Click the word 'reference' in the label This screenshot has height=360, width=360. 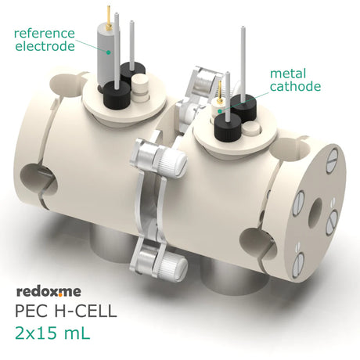point(45,34)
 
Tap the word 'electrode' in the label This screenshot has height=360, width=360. point(45,46)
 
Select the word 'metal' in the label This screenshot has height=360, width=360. point(288,74)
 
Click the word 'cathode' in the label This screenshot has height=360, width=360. point(295,86)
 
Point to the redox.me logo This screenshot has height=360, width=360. point(49,292)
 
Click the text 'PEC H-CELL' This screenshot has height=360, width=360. point(66,311)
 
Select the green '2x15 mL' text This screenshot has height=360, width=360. point(52,333)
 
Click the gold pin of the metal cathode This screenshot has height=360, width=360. point(220,91)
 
